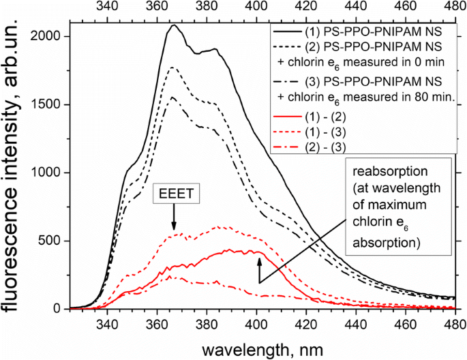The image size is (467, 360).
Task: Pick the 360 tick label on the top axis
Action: [x=157, y=7]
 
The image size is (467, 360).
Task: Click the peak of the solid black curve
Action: [x=175, y=26]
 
